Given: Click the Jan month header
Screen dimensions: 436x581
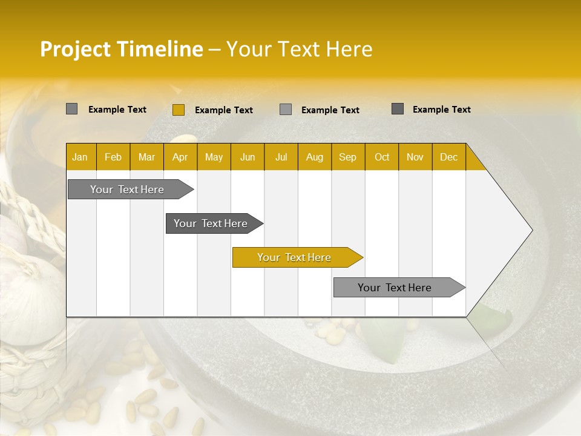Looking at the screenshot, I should (80, 157).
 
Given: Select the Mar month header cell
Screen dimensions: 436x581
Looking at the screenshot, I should (146, 157).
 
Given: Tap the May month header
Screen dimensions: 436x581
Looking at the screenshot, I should (214, 157).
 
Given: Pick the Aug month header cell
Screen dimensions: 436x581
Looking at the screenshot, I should (314, 157).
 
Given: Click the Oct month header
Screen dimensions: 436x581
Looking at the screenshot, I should (381, 157).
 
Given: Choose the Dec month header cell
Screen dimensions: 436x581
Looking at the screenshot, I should (448, 157).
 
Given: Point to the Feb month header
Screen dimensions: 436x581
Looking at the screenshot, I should (113, 157).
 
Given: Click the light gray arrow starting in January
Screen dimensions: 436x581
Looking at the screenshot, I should (127, 190).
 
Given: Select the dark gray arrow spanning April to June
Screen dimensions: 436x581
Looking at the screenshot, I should (211, 223).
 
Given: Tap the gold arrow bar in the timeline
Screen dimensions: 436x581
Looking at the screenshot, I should (294, 257).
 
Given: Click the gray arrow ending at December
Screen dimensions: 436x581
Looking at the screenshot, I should (395, 288).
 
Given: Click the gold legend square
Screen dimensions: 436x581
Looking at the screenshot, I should (178, 110).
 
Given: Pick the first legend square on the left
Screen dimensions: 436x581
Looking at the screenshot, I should (71, 109).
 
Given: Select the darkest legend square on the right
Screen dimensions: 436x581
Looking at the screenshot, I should (397, 109).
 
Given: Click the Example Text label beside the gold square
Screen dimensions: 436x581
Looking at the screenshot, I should (223, 110).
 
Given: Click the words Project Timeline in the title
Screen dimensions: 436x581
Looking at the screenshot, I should (121, 49).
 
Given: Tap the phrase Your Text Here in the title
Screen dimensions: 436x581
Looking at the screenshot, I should (299, 49).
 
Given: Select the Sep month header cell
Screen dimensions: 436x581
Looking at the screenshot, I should (347, 157).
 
